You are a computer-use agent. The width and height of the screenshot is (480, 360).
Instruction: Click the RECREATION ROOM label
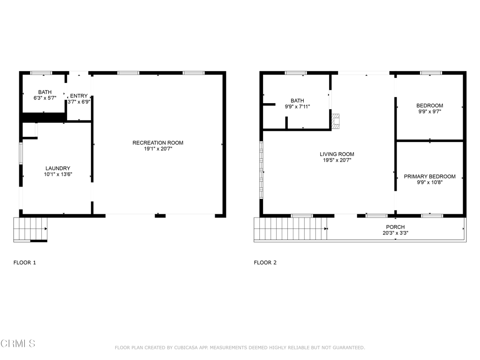click(x=157, y=142)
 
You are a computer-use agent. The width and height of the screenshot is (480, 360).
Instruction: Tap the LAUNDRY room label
click(x=58, y=168)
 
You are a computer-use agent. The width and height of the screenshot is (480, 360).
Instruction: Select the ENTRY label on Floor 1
click(x=79, y=96)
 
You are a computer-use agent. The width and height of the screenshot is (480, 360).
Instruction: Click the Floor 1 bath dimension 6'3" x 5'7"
click(x=45, y=98)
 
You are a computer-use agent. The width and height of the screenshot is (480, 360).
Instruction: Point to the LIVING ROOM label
click(x=337, y=154)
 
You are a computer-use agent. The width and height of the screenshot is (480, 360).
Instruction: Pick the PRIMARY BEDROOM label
click(x=429, y=176)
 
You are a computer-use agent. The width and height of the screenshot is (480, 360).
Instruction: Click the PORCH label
click(x=395, y=227)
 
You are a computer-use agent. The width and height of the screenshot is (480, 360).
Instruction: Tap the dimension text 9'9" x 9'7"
click(x=430, y=112)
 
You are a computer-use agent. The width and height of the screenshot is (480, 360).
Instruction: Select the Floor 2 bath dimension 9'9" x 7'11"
click(x=297, y=107)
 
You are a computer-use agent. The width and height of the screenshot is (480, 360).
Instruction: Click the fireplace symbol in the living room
click(x=336, y=121)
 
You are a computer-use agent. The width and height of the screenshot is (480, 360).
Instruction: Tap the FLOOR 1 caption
click(x=25, y=262)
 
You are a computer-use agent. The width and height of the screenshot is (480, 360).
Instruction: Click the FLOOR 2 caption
click(x=265, y=262)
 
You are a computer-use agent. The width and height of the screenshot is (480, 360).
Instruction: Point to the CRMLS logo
click(x=18, y=344)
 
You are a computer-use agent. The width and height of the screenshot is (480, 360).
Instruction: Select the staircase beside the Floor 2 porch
click(x=291, y=229)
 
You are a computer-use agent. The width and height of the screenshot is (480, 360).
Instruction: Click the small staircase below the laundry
click(x=30, y=229)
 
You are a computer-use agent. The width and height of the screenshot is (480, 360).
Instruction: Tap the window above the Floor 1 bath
click(x=41, y=73)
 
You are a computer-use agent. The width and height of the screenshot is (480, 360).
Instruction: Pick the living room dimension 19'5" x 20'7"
click(x=337, y=160)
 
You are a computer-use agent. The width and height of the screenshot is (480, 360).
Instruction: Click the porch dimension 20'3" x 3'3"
click(x=395, y=233)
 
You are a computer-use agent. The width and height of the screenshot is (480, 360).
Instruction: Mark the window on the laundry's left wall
click(x=21, y=153)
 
